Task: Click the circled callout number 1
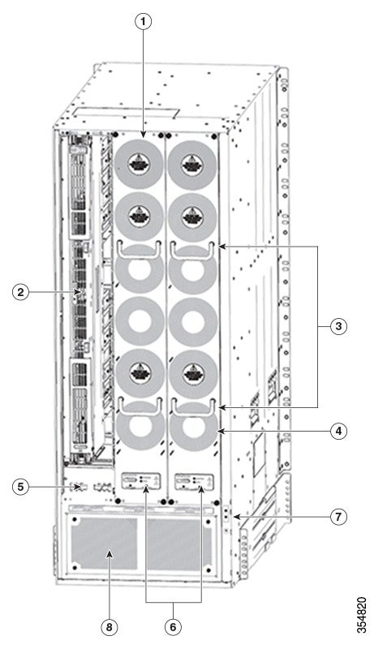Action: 143,22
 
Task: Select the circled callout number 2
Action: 20,292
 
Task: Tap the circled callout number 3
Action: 338,326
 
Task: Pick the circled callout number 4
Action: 338,431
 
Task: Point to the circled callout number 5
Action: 20,486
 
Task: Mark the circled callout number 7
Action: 338,517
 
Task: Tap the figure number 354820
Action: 362,615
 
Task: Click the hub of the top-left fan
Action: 139,164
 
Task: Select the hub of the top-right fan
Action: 191,164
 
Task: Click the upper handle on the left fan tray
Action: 140,250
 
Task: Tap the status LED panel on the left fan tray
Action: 140,481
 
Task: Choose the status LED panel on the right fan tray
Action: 194,481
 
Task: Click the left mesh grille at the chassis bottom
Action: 104,544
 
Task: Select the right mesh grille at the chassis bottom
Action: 178,544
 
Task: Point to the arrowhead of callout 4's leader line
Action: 221,431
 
